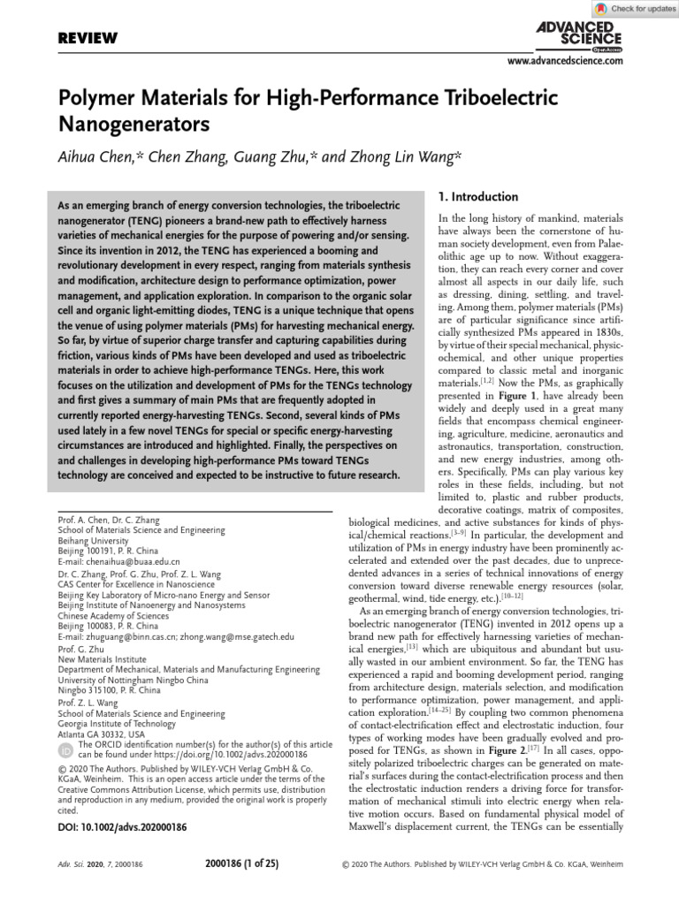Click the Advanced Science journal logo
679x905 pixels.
point(579,35)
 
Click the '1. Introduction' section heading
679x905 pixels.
point(478,196)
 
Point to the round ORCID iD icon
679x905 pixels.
point(65,750)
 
